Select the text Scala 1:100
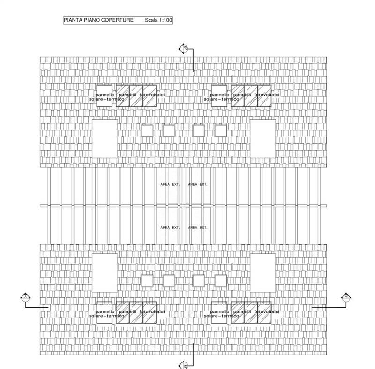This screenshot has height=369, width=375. [x=158, y=21]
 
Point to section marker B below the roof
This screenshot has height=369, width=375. [x=184, y=365]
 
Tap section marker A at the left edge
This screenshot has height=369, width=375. [x=25, y=297]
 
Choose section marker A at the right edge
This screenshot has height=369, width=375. [x=345, y=297]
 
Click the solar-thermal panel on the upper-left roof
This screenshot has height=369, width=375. [x=105, y=95]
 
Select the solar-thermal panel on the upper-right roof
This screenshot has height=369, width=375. [x=219, y=95]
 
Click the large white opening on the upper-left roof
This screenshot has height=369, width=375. [x=105, y=138]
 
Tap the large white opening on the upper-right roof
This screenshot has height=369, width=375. [x=262, y=138]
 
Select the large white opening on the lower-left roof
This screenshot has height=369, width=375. [x=105, y=272]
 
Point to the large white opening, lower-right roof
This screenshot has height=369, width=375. [x=262, y=272]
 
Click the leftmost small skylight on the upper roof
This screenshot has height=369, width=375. [x=147, y=130]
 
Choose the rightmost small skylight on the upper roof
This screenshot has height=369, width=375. [x=221, y=130]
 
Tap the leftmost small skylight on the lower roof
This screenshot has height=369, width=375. [x=147, y=280]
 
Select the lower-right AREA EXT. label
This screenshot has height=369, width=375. [x=198, y=228]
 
